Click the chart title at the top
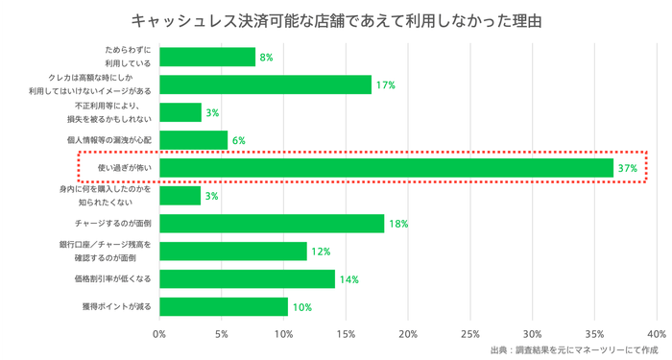click(336, 20)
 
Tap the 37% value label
click(628, 168)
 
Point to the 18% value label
click(398, 224)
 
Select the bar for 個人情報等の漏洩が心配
click(193, 140)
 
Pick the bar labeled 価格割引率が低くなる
click(247, 279)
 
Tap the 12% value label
click(321, 252)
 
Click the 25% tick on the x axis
click(470, 334)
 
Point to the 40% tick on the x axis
click(657, 334)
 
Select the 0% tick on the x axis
click(159, 334)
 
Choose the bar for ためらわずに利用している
click(207, 58)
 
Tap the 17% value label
click(385, 85)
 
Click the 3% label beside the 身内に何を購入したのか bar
click(212, 196)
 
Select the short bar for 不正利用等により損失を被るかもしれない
click(180, 112)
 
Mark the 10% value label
click(301, 307)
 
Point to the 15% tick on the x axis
click(346, 334)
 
